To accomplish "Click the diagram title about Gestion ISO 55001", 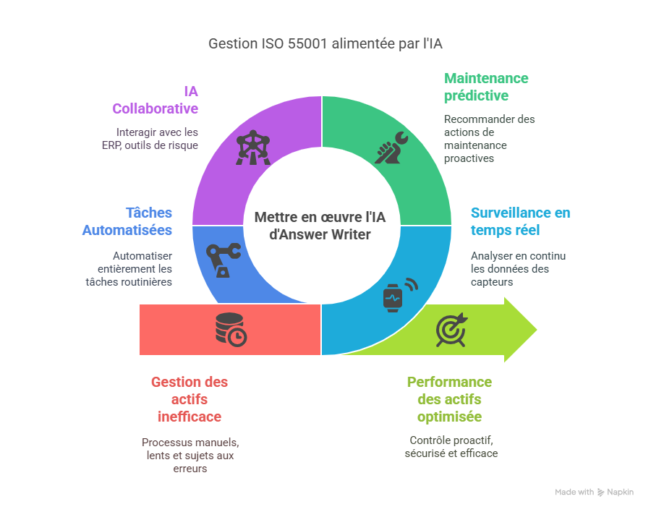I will coord(325,44).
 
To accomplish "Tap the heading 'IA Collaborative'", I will coord(155,100).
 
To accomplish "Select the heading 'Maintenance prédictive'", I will coord(486,87).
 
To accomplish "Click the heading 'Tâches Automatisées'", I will coord(127,221).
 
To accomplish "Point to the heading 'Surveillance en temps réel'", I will coord(520,221).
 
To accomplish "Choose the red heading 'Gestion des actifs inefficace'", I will coord(189,399).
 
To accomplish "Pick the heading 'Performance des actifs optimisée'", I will coord(449,399).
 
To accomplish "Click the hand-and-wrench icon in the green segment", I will coord(391,149).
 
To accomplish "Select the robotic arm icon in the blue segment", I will coord(222,260).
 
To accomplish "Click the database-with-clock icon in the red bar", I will coord(230,330).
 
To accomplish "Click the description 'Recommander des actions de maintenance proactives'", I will coord(489,138).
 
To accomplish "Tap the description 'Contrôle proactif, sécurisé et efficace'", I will coord(451,447).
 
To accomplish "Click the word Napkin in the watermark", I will coord(621,492).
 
